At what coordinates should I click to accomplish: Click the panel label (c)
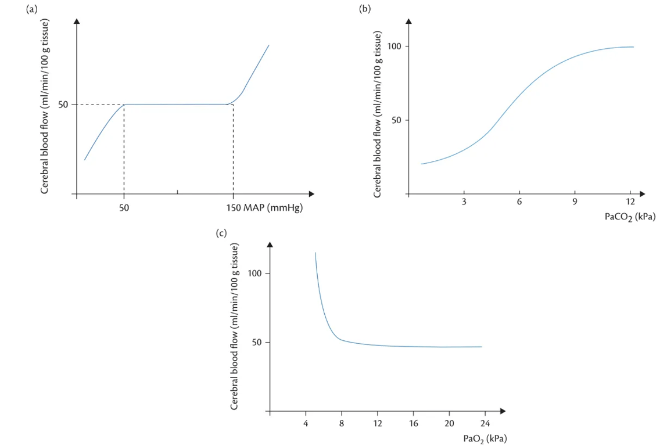[221, 233]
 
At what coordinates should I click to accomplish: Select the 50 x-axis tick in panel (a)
[124, 207]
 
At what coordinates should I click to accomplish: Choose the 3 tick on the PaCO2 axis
[464, 202]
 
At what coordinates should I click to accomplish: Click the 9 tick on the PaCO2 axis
[574, 202]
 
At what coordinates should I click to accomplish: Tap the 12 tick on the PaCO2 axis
[630, 202]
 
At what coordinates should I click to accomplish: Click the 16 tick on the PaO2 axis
[413, 422]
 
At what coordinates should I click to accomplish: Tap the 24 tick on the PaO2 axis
[485, 422]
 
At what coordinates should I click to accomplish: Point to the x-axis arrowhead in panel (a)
[311, 194]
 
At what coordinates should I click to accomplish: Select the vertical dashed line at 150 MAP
[233, 151]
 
